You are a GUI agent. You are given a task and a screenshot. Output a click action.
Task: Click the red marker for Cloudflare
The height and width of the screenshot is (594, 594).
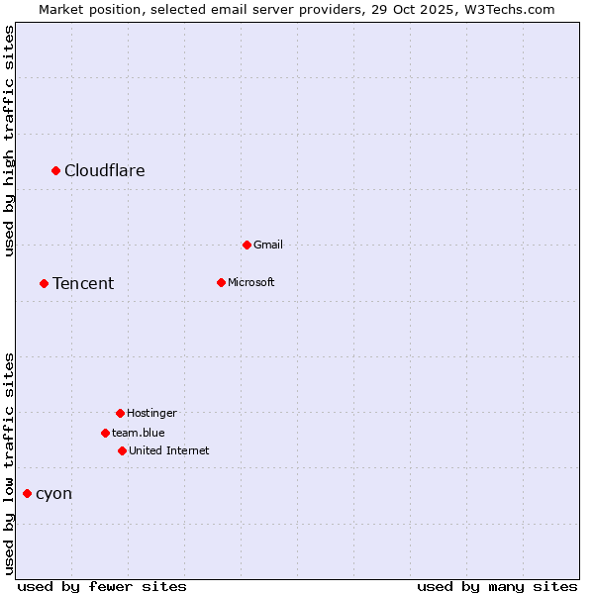(56, 171)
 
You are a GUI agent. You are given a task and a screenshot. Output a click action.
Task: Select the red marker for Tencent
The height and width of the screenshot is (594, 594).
(44, 284)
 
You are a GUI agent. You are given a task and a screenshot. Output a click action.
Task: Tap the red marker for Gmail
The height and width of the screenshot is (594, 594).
(247, 245)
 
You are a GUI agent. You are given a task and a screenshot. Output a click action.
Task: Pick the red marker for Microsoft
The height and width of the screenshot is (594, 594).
(221, 282)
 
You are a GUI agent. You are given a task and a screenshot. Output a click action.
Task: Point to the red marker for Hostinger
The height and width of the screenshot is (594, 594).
(120, 413)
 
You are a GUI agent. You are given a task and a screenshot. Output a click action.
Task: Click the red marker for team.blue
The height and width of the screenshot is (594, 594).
(105, 433)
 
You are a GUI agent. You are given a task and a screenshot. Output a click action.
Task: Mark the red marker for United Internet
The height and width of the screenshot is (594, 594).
(122, 450)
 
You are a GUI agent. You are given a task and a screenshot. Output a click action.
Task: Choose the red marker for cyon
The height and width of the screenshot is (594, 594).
(27, 494)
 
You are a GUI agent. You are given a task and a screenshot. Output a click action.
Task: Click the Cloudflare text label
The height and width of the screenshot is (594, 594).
(105, 171)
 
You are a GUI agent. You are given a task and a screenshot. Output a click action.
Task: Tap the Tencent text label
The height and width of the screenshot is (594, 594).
(83, 284)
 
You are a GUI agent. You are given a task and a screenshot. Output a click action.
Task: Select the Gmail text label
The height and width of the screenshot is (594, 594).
(268, 245)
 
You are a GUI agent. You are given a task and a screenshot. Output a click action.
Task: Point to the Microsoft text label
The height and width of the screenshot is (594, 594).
(251, 282)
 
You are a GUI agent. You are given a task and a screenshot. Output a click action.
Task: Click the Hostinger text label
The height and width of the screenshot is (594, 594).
(151, 413)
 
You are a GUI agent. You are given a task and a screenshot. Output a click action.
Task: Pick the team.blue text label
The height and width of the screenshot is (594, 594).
(139, 433)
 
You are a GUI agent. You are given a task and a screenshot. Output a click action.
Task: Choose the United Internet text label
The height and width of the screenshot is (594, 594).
(169, 450)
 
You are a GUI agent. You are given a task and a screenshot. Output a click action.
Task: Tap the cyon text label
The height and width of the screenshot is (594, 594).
(53, 494)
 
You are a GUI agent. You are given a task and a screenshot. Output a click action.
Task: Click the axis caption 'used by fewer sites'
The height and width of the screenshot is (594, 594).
(102, 586)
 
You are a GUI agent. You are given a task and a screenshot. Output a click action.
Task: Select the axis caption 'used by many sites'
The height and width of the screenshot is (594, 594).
(497, 586)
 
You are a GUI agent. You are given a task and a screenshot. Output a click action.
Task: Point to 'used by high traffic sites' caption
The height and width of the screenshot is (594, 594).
(10, 141)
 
